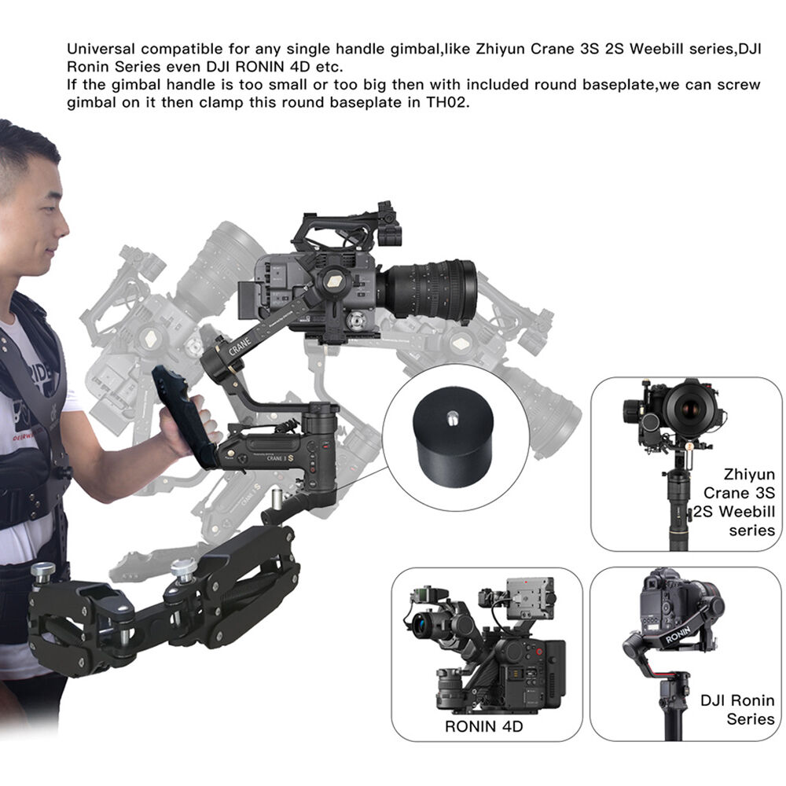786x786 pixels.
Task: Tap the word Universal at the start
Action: (101, 49)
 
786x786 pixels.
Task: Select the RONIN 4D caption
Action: (483, 725)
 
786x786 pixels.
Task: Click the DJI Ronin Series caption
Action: (737, 709)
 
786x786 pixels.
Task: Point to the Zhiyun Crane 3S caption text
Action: (735, 501)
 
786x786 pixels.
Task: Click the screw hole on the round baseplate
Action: (452, 416)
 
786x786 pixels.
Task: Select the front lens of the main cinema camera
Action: (466, 290)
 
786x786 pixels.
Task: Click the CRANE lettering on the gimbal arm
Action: (240, 347)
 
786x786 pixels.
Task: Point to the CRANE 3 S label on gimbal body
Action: (280, 457)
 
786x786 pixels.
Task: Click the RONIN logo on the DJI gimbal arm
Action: (678, 635)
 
